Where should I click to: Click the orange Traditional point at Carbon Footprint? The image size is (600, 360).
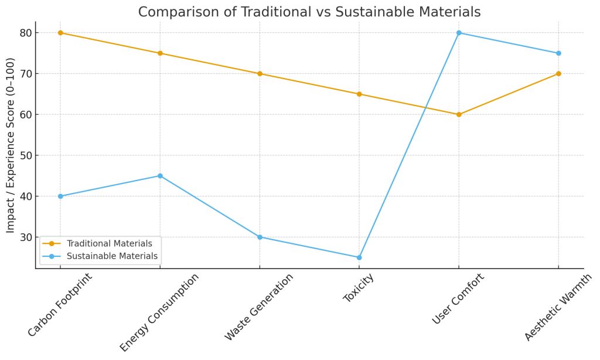tap(60, 33)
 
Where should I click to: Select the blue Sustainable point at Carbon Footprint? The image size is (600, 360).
tap(60, 196)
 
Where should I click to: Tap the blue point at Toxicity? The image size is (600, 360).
tap(359, 257)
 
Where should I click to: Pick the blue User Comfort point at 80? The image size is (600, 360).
tap(459, 33)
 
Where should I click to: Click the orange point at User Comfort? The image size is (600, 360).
tap(459, 114)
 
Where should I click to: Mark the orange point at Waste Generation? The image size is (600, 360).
tap(260, 73)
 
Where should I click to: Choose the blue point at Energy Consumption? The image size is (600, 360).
tap(160, 176)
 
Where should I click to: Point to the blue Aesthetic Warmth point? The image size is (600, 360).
tap(558, 53)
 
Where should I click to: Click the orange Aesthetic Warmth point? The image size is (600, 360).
tap(558, 73)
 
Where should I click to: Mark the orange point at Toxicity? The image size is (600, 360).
tap(359, 94)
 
